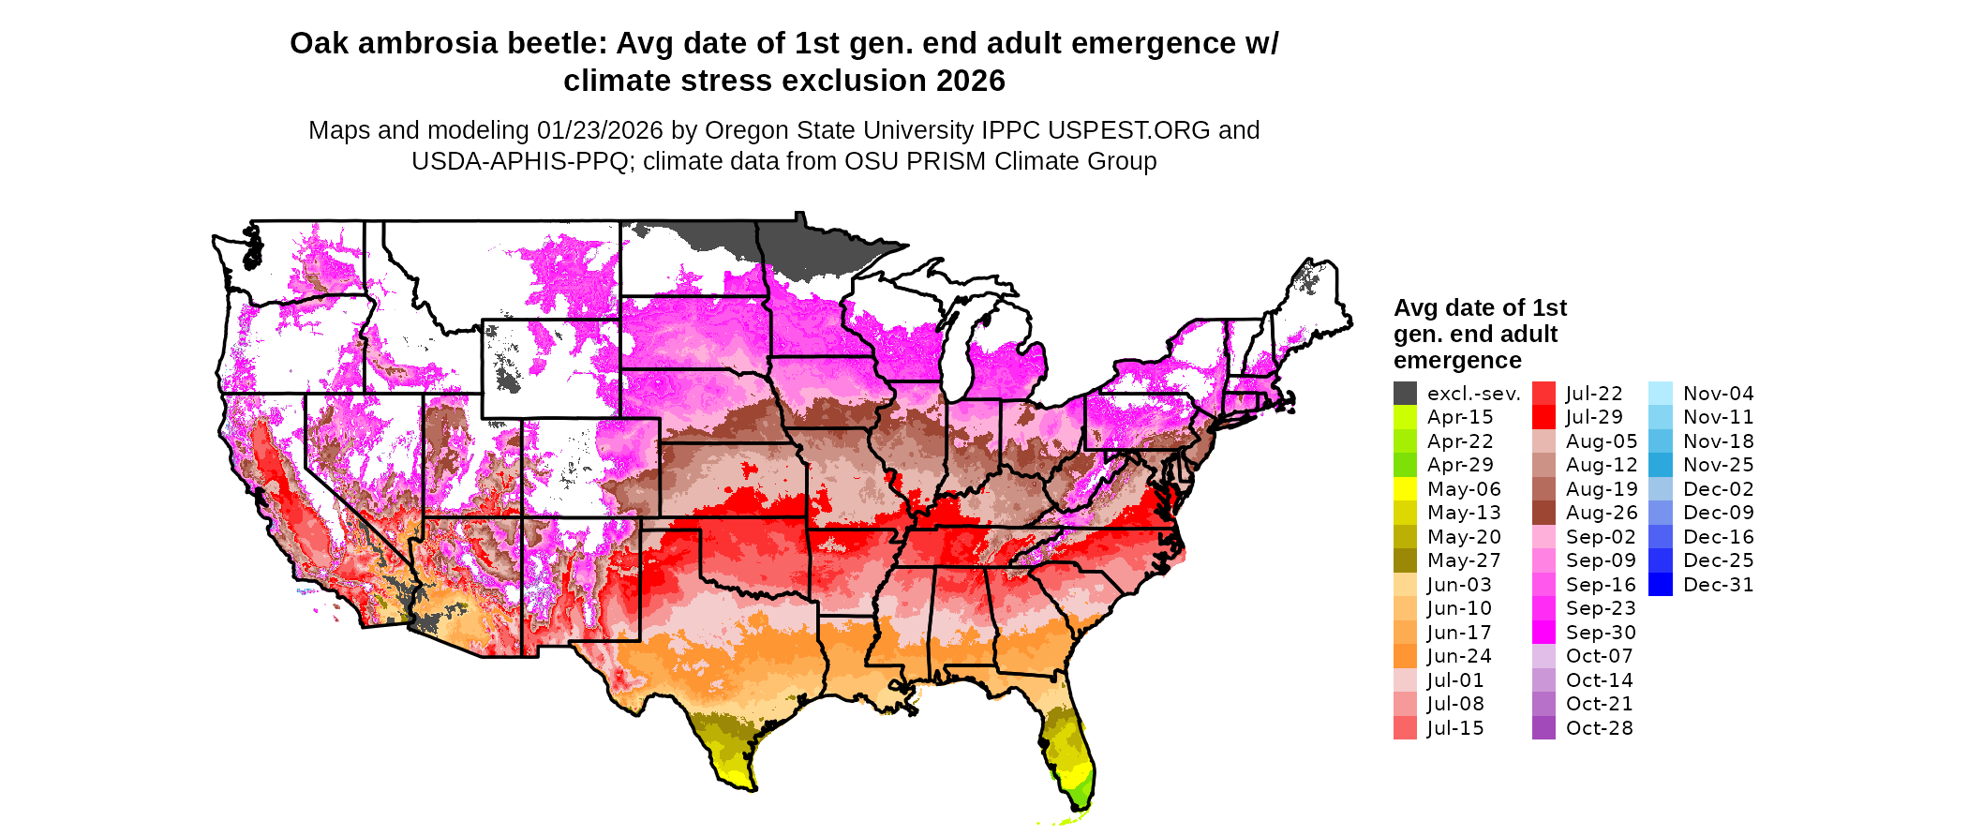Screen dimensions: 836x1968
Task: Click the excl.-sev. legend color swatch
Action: [x=1405, y=394]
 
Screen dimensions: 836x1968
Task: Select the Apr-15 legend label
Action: [x=1460, y=417]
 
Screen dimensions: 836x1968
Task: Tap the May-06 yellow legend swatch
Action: [x=1405, y=489]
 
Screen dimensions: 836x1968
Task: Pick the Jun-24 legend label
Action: [x=1459, y=656]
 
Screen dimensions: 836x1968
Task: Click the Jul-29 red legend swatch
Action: [x=1543, y=417]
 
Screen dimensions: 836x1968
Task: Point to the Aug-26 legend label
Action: [x=1602, y=513]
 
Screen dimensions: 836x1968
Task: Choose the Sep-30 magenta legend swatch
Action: [x=1543, y=633]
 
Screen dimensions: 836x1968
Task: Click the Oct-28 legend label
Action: [x=1599, y=728]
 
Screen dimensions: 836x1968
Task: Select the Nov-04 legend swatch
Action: [x=1660, y=394]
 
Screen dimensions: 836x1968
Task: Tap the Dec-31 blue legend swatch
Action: [x=1660, y=585]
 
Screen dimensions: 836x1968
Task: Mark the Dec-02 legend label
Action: [x=1718, y=489]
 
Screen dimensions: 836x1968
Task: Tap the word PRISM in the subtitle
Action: [x=948, y=161]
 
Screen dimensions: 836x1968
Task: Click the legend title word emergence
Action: [x=1457, y=361]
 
